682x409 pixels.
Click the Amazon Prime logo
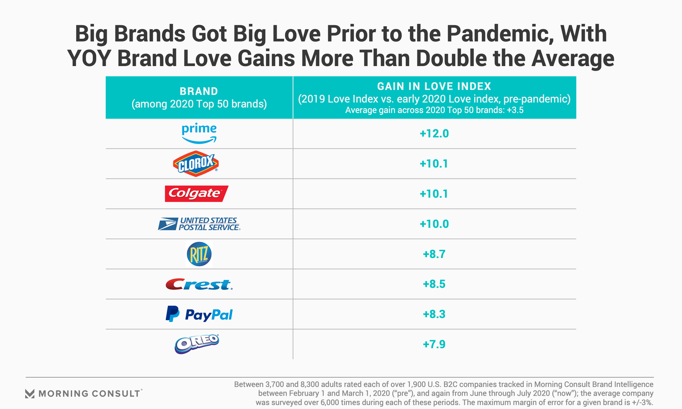pyautogui.click(x=199, y=133)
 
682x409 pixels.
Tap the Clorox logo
pyautogui.click(x=196, y=164)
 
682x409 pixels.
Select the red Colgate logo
pyautogui.click(x=196, y=193)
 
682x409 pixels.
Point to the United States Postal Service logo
pyautogui.click(x=199, y=224)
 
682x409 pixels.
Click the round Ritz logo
pyautogui.click(x=199, y=254)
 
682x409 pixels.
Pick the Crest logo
pyautogui.click(x=199, y=284)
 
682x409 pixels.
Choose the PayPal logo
pyautogui.click(x=199, y=314)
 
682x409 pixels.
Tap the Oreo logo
pyautogui.click(x=197, y=344)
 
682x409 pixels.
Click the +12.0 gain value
pyautogui.click(x=434, y=133)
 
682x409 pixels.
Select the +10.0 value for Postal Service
pyautogui.click(x=434, y=224)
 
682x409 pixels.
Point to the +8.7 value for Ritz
pyautogui.click(x=434, y=254)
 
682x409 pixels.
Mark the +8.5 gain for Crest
pyautogui.click(x=434, y=284)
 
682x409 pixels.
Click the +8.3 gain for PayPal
pyautogui.click(x=434, y=314)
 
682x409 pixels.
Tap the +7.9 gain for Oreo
pyautogui.click(x=434, y=344)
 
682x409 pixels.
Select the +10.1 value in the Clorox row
pyautogui.click(x=434, y=164)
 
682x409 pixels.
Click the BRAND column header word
pyautogui.click(x=199, y=91)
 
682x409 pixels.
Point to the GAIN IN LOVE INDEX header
pyautogui.click(x=434, y=86)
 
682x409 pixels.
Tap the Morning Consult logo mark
pyautogui.click(x=30, y=393)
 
